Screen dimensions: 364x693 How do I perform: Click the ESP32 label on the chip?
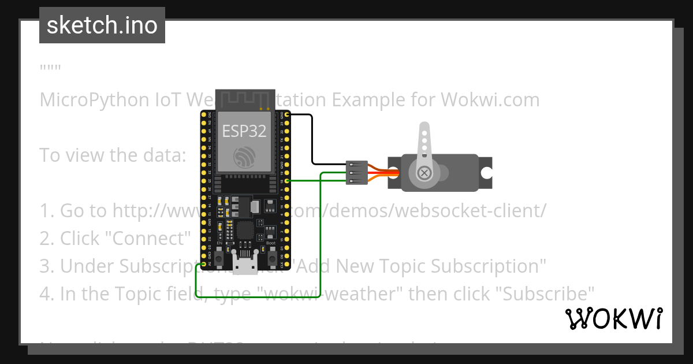click(244, 131)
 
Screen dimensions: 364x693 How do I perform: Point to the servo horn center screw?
click(424, 173)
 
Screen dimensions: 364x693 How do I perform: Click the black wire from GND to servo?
click(312, 139)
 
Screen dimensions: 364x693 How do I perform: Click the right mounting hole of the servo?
click(487, 173)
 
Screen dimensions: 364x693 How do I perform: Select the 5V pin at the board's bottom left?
click(203, 265)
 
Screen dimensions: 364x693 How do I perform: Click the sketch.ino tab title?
click(102, 25)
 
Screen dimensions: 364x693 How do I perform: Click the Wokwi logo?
click(613, 318)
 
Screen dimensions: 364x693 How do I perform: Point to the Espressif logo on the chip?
click(244, 157)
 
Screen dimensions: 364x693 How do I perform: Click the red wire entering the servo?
click(381, 173)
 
